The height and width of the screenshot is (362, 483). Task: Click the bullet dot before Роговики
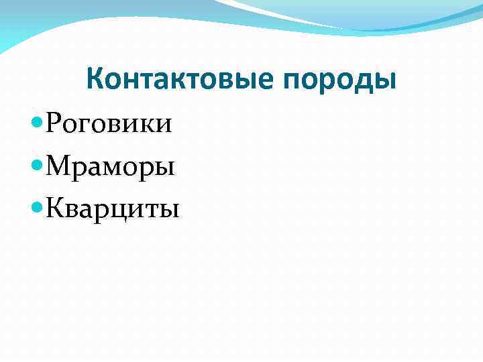(38, 123)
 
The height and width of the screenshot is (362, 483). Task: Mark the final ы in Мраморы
(164, 168)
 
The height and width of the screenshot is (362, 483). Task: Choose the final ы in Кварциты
(170, 211)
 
